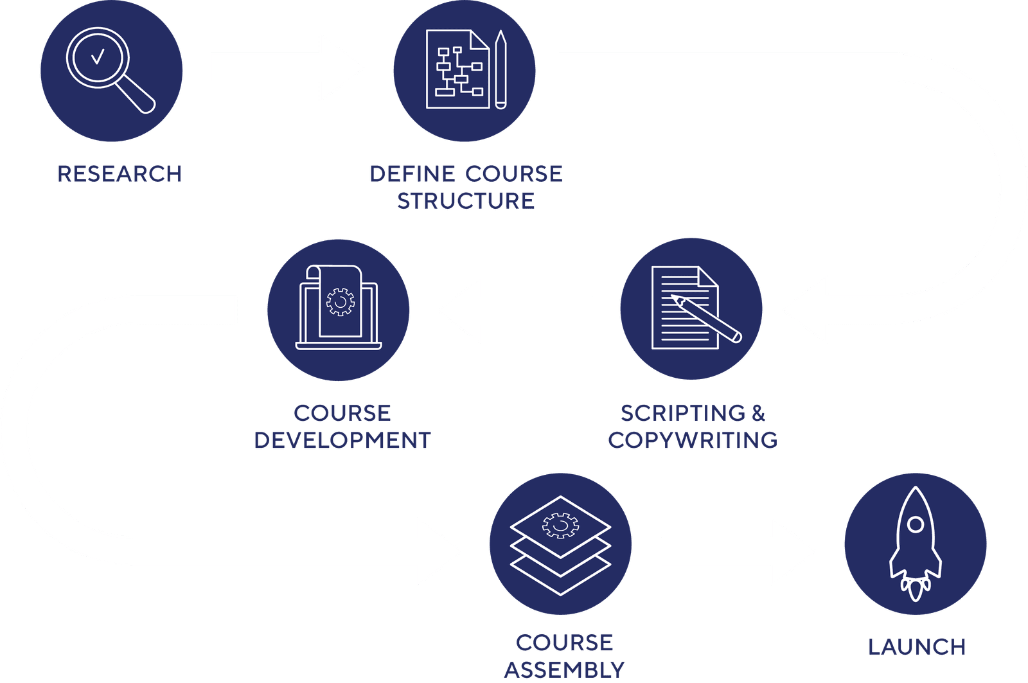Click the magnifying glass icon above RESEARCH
(109, 69)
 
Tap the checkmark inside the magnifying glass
(98, 58)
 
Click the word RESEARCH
(120, 174)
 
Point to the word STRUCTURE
(465, 201)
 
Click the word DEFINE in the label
(412, 174)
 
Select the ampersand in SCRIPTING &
(758, 413)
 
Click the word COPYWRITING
(693, 440)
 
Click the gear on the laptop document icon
(340, 301)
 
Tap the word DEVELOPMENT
(342, 440)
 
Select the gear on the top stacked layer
(560, 525)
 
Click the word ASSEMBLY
(564, 670)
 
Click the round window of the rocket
(916, 524)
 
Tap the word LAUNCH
(916, 647)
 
